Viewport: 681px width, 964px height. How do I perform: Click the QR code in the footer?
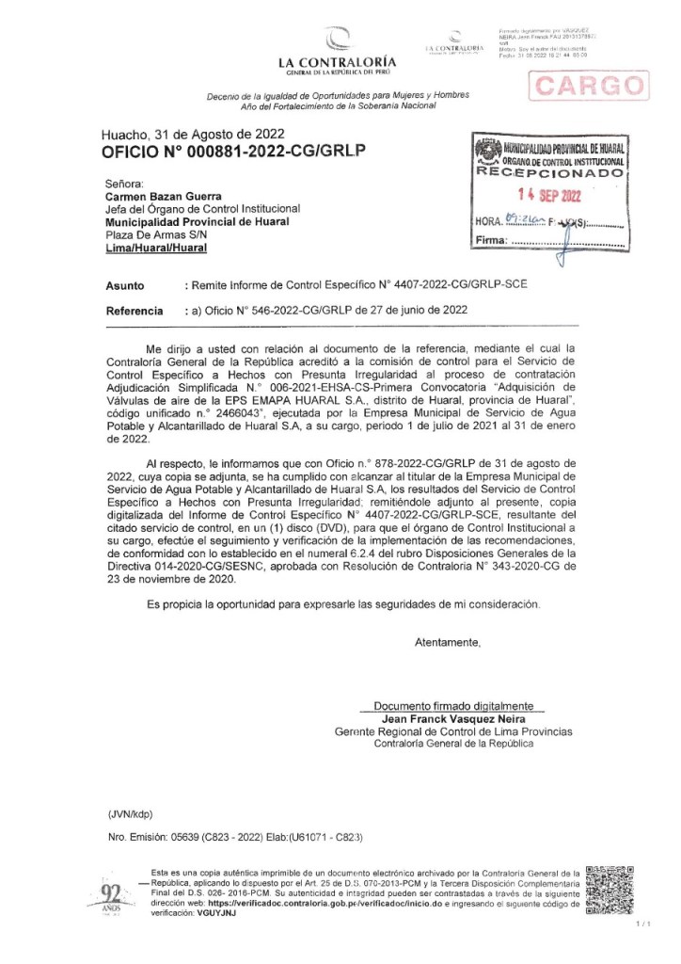pos(609,890)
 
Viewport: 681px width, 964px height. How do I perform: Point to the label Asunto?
pos(125,283)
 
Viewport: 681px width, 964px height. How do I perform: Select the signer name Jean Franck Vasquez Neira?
pos(452,718)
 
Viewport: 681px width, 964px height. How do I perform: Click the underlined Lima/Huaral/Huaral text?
pos(155,248)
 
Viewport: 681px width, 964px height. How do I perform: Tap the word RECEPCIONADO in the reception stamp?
pos(551,174)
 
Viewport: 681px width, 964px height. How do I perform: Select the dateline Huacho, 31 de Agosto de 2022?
pos(193,134)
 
